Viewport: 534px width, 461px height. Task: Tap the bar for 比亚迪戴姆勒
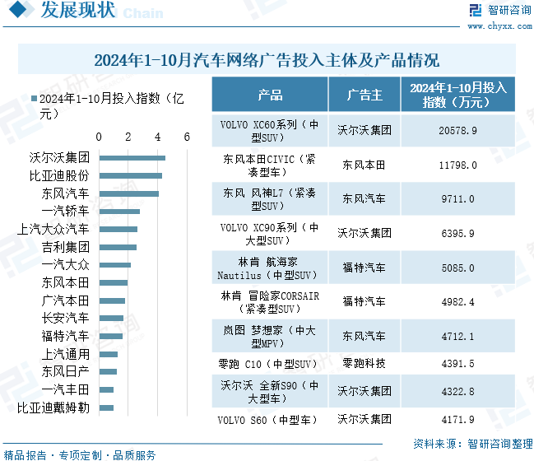pyautogui.click(x=106, y=407)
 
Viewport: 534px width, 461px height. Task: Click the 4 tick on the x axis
pyautogui.click(x=158, y=137)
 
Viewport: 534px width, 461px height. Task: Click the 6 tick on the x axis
pyautogui.click(x=188, y=137)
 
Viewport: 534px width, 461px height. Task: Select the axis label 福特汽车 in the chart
pyautogui.click(x=65, y=336)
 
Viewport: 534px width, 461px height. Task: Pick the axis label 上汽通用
pyautogui.click(x=65, y=354)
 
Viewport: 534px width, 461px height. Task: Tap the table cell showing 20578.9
pyautogui.click(x=458, y=130)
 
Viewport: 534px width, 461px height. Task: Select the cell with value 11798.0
pyautogui.click(x=458, y=165)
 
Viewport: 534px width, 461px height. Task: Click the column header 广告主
pyautogui.click(x=365, y=95)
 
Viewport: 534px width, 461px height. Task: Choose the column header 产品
pyautogui.click(x=270, y=95)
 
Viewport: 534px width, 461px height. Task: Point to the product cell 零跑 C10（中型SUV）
pyautogui.click(x=270, y=363)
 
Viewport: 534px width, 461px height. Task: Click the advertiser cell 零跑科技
pyautogui.click(x=365, y=363)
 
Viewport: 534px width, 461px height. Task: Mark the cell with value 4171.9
pyautogui.click(x=458, y=420)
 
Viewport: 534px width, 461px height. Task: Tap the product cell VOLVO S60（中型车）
pyautogui.click(x=270, y=420)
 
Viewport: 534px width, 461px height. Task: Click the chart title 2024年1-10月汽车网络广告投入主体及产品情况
pyautogui.click(x=267, y=60)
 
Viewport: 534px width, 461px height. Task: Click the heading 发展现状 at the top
pyautogui.click(x=78, y=12)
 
